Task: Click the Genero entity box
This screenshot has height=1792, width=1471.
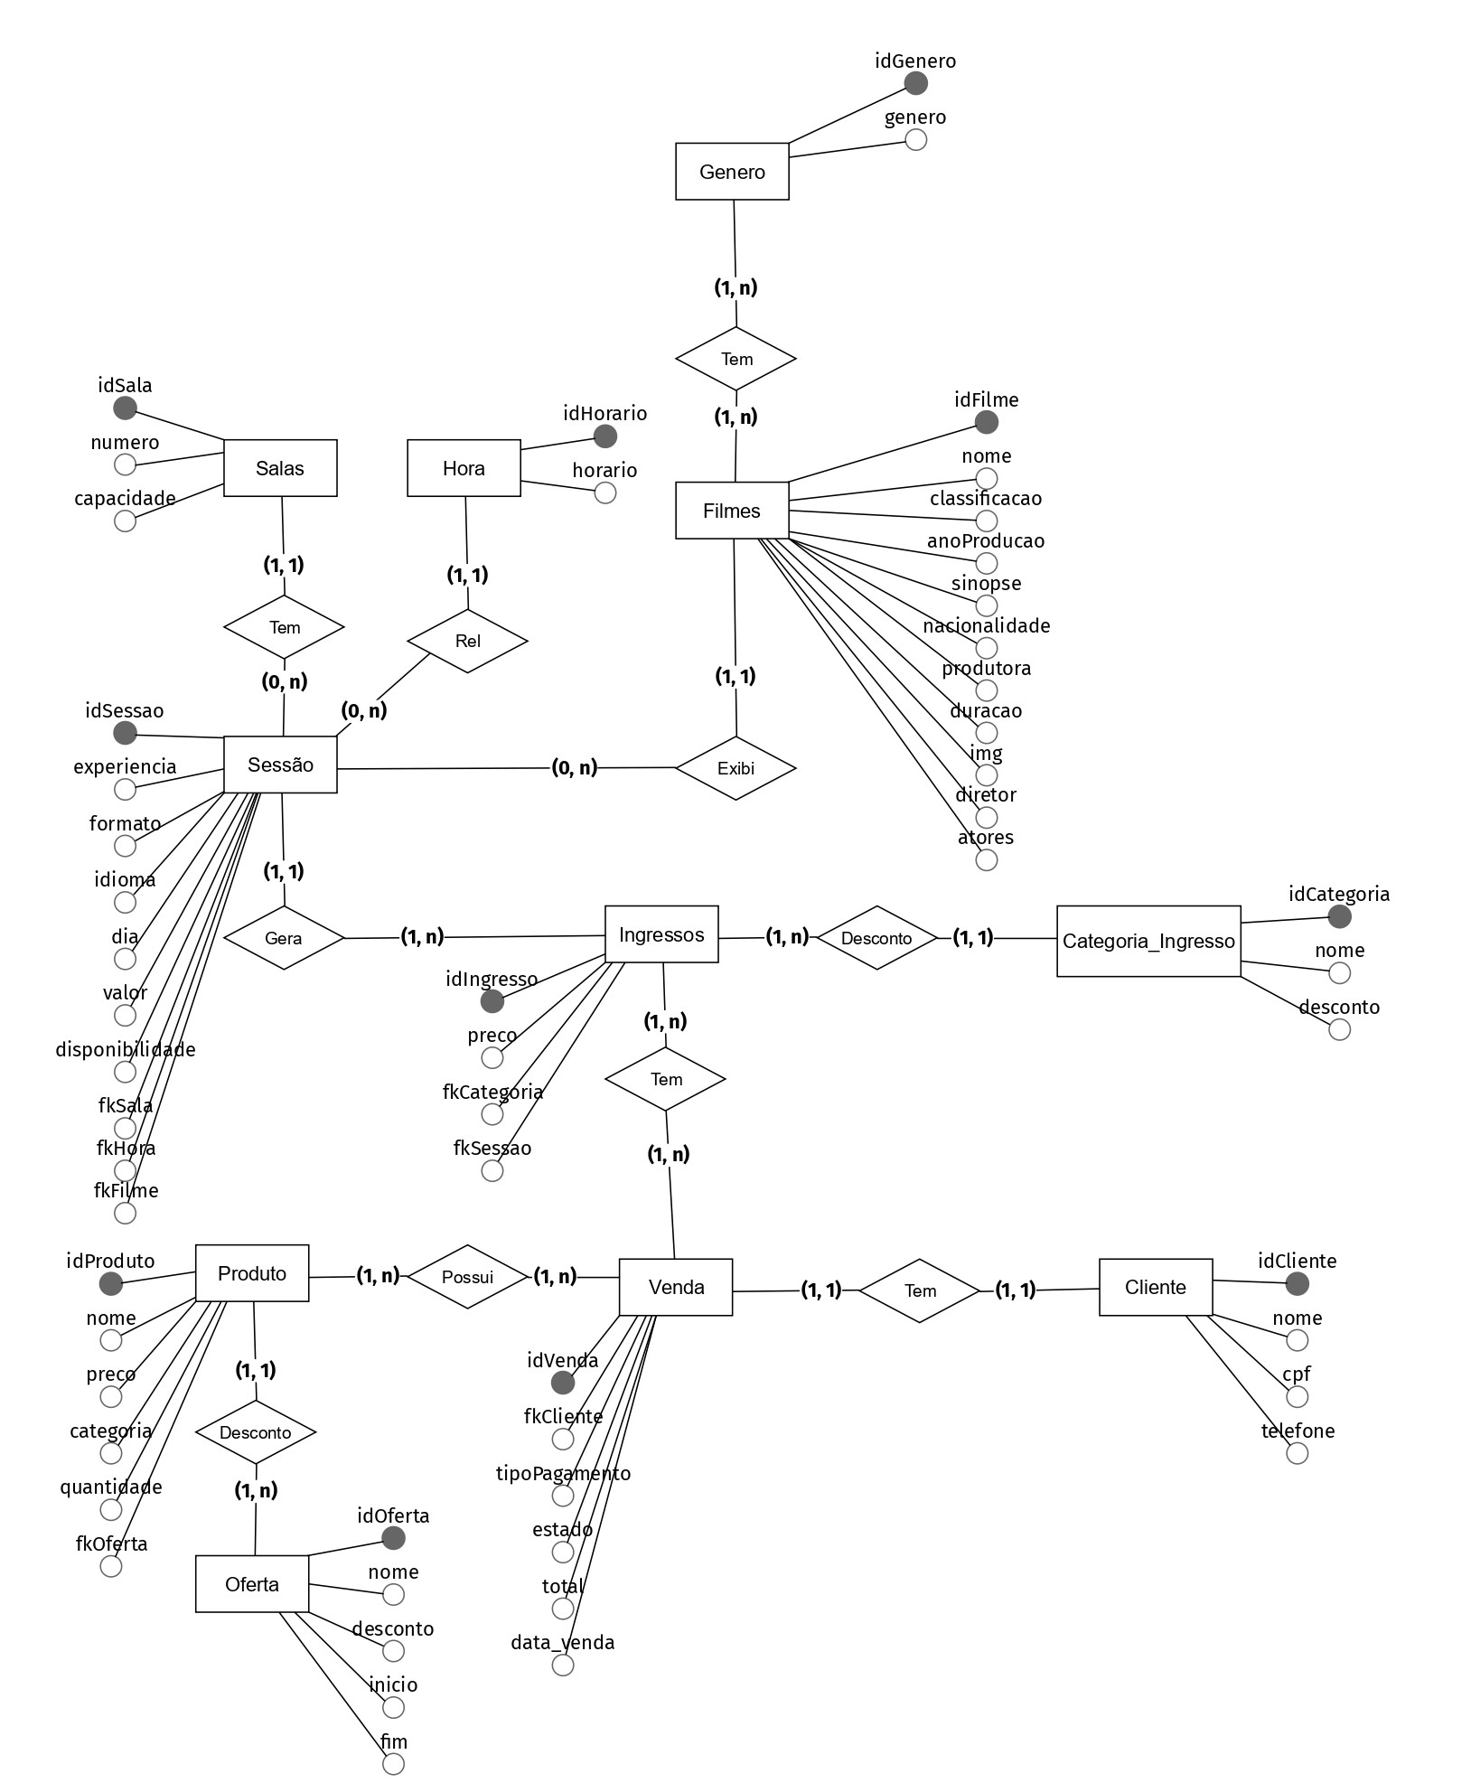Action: (732, 171)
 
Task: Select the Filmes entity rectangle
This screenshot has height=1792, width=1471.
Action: (732, 511)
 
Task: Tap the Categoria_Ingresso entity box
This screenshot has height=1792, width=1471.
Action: (1148, 941)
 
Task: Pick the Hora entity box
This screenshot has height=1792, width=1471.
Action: (464, 468)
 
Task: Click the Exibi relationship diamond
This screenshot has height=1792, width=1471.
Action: (735, 768)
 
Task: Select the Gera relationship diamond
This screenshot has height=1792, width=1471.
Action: (284, 938)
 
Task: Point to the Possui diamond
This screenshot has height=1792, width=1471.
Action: (467, 1277)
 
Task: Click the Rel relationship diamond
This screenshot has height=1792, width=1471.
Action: (467, 641)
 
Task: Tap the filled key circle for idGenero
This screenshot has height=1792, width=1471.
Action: (915, 83)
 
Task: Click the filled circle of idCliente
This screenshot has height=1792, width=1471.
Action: (1297, 1283)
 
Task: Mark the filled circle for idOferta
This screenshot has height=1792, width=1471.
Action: (393, 1538)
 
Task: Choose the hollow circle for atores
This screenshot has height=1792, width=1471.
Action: (987, 859)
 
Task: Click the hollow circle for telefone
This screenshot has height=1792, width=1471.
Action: (1297, 1453)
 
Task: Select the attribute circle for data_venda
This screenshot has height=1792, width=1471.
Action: (563, 1665)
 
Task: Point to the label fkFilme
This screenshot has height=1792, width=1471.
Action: (126, 1190)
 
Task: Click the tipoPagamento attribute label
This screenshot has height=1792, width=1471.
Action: (563, 1474)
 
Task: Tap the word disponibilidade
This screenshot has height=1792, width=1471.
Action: (126, 1049)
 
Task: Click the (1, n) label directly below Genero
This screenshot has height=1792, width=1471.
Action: (735, 287)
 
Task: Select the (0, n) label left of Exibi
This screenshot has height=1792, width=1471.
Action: (575, 767)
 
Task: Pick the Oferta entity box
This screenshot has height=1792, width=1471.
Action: (252, 1583)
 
